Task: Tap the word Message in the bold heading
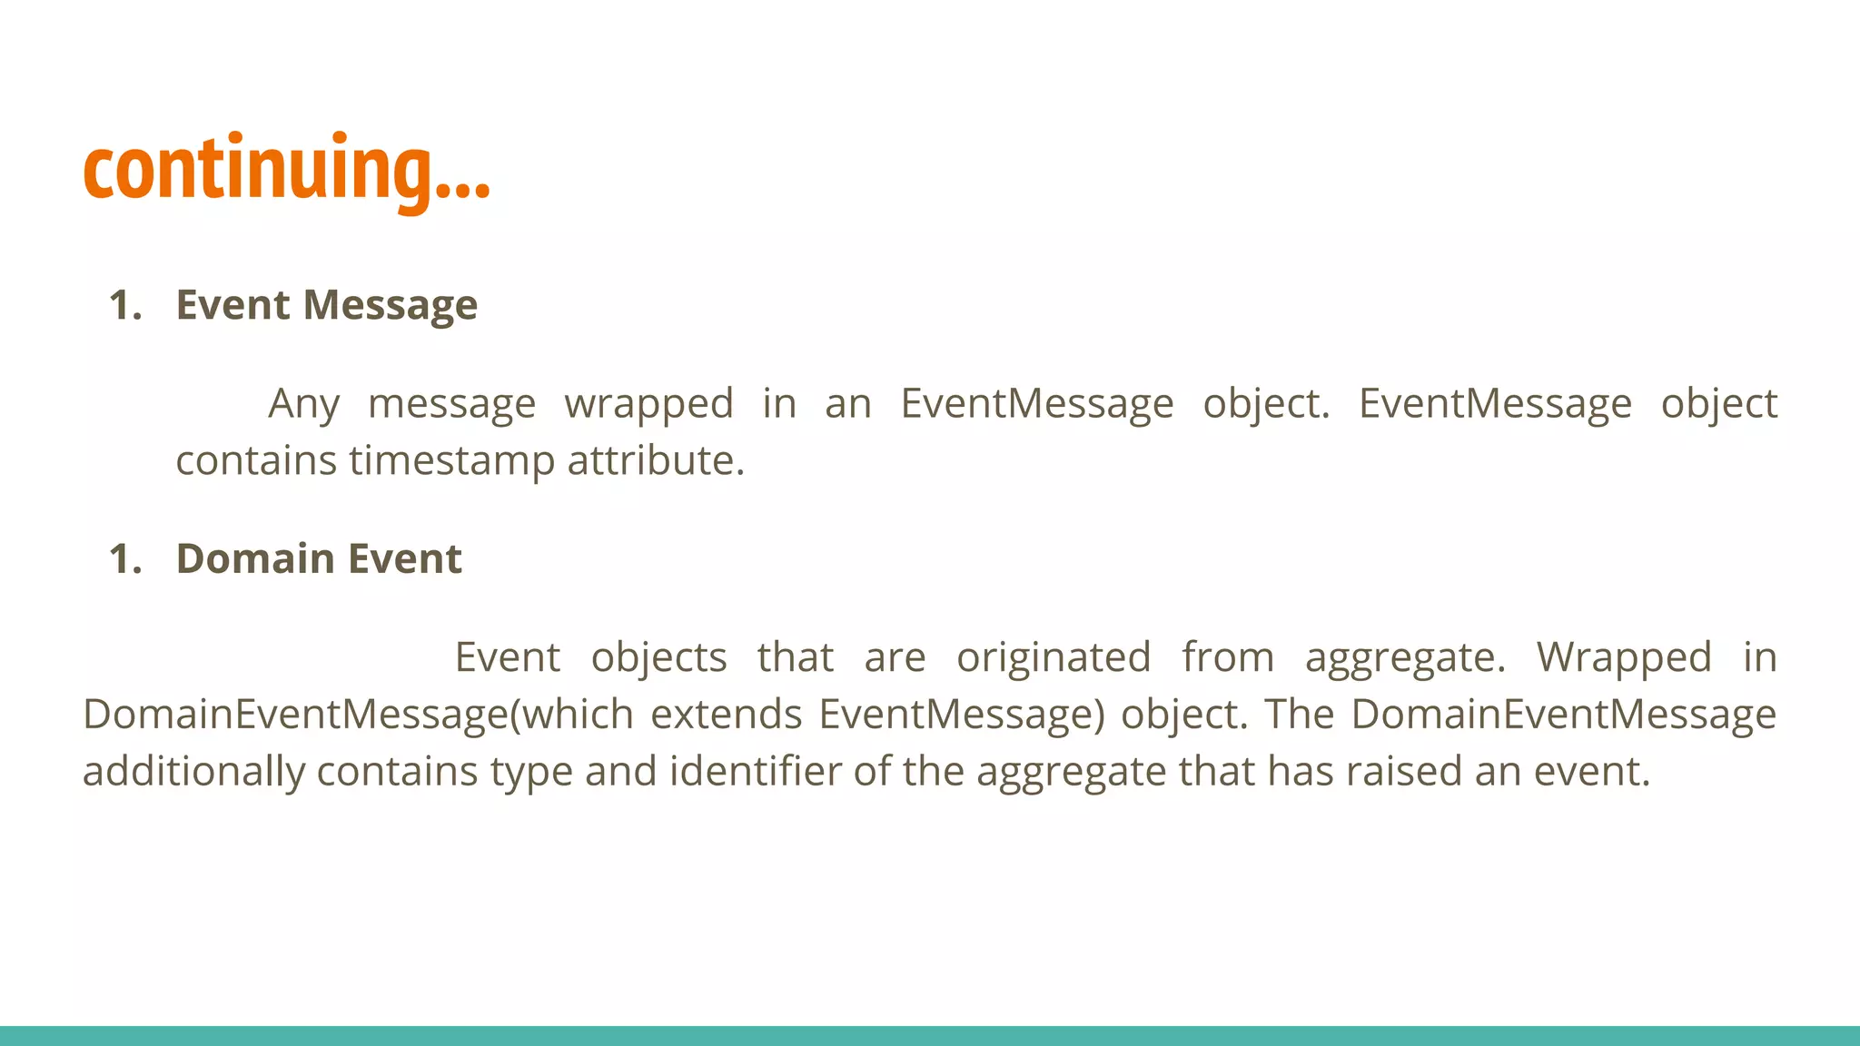pyautogui.click(x=390, y=305)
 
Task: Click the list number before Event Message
pyautogui.click(x=125, y=305)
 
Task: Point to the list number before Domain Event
pyautogui.click(x=125, y=558)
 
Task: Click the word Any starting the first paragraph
pyautogui.click(x=303, y=404)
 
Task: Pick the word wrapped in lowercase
pyautogui.click(x=648, y=404)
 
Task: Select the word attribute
pyautogui.click(x=655, y=460)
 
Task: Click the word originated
pyautogui.click(x=1054, y=657)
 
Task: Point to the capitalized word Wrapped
pyautogui.click(x=1624, y=657)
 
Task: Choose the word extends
pyautogui.click(x=727, y=715)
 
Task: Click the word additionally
pyautogui.click(x=193, y=772)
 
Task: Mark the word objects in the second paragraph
pyautogui.click(x=658, y=657)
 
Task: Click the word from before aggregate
pyautogui.click(x=1228, y=657)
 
